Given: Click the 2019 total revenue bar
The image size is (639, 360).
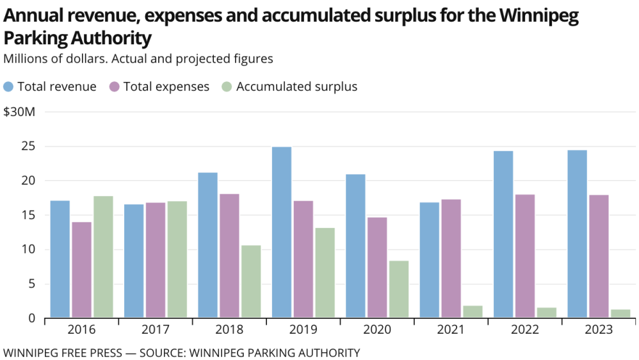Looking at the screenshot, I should coord(282,232).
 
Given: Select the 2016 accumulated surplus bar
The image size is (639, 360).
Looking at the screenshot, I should coord(103,256).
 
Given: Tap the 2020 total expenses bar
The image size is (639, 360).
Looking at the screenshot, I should coord(377,267).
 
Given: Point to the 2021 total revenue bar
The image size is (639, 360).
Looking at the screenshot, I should coord(429,259).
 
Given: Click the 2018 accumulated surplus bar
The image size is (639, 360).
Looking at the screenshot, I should coord(251,281).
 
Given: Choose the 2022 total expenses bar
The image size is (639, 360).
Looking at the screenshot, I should coord(525,256).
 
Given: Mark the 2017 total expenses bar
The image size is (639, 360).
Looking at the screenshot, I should coord(155,259).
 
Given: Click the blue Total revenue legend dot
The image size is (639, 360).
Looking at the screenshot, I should coord(9,86).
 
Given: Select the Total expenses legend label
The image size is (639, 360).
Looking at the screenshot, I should coord(166,86).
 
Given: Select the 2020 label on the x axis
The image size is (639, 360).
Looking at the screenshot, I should coord(377,330).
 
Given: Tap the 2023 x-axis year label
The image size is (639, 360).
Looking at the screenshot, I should coord(598,330).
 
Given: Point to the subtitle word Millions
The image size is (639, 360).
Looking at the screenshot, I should coord(25,58).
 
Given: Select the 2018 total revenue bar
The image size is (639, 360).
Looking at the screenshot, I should coord(207,245).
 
